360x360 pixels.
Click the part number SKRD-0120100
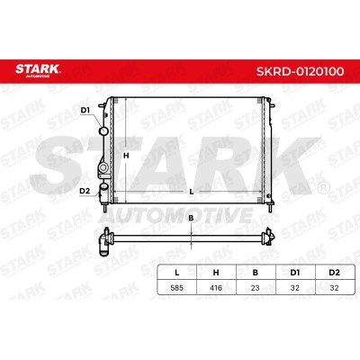(300, 71)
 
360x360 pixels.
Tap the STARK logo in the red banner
(38, 70)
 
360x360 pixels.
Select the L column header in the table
(177, 273)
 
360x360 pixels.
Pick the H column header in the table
(216, 273)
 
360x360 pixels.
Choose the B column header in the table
(256, 273)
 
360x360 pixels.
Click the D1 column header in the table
(295, 273)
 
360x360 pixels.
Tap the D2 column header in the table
(334, 273)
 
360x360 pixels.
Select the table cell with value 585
(177, 288)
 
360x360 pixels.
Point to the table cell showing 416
(216, 288)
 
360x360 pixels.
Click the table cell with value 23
(256, 288)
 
